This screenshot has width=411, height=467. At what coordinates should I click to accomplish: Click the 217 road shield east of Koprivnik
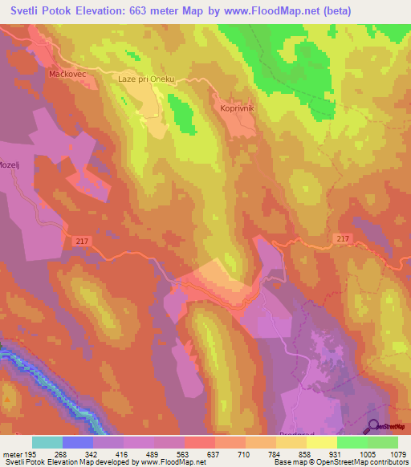pyautogui.click(x=343, y=239)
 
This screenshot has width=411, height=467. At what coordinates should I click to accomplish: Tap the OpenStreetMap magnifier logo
pyautogui.click(x=372, y=427)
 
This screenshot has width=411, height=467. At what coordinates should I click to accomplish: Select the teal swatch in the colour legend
pyautogui.click(x=47, y=442)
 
